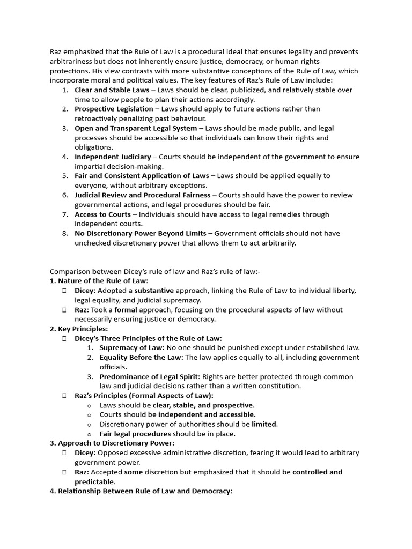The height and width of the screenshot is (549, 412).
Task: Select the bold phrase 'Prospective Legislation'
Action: click(x=114, y=109)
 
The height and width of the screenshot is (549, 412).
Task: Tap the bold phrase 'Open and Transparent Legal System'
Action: click(x=136, y=128)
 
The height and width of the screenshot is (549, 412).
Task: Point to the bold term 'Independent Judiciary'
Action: click(x=113, y=157)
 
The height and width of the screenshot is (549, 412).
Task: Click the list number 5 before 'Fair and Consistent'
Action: click(x=64, y=176)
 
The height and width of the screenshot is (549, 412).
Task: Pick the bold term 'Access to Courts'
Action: click(x=102, y=214)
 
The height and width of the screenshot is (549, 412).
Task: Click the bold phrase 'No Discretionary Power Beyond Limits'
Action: click(x=140, y=233)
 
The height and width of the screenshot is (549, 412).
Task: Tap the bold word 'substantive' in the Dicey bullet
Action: click(x=154, y=291)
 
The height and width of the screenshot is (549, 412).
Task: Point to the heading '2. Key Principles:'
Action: click(x=79, y=329)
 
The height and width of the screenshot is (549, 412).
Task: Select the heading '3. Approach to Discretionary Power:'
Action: click(x=112, y=443)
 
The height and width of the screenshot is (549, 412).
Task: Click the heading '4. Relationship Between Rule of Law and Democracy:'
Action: click(x=141, y=491)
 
